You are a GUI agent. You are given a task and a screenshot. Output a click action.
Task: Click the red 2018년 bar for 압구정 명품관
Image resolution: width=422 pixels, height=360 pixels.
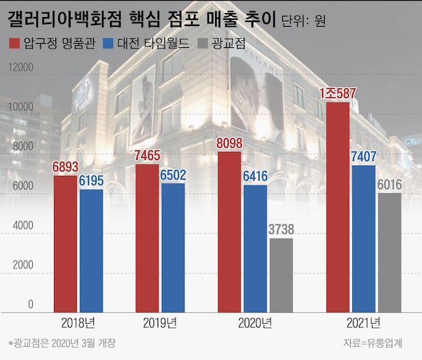pos(65,243)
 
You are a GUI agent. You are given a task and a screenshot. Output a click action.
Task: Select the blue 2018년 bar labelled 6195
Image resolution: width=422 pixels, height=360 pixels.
pos(91,250)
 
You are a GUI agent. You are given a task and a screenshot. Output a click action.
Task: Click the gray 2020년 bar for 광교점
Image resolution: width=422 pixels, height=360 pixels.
pos(281,274)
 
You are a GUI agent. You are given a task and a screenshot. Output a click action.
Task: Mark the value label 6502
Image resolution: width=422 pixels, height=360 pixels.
pos(173,175)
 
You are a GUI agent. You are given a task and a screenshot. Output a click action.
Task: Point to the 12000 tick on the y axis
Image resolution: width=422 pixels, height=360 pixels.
pos(20,67)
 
